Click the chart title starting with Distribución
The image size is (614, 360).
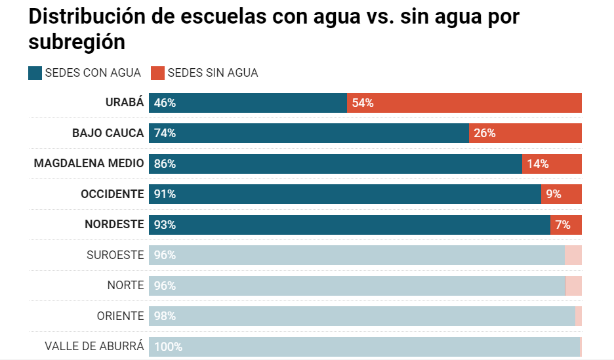[274, 29]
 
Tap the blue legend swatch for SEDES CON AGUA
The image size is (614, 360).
[35, 73]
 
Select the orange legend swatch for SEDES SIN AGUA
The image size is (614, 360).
[158, 73]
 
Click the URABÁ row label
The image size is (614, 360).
[125, 103]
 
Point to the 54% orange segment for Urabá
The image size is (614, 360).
[464, 103]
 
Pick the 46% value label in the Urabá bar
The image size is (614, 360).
[165, 103]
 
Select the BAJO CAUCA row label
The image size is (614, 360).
[108, 133]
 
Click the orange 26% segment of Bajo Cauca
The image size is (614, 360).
[525, 133]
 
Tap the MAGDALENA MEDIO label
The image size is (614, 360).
[89, 163]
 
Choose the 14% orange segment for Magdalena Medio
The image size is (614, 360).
[552, 163]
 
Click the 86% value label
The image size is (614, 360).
[165, 164]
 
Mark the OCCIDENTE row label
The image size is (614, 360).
[112, 194]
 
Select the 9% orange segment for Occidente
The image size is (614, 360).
[562, 194]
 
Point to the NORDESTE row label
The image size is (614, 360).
[114, 224]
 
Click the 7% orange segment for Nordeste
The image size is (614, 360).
[566, 224]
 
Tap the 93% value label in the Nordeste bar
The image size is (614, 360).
[165, 225]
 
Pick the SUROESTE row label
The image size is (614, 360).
[115, 255]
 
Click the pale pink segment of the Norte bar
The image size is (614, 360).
[573, 285]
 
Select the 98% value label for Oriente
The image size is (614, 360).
[165, 316]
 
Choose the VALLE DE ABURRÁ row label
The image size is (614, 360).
[94, 346]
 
